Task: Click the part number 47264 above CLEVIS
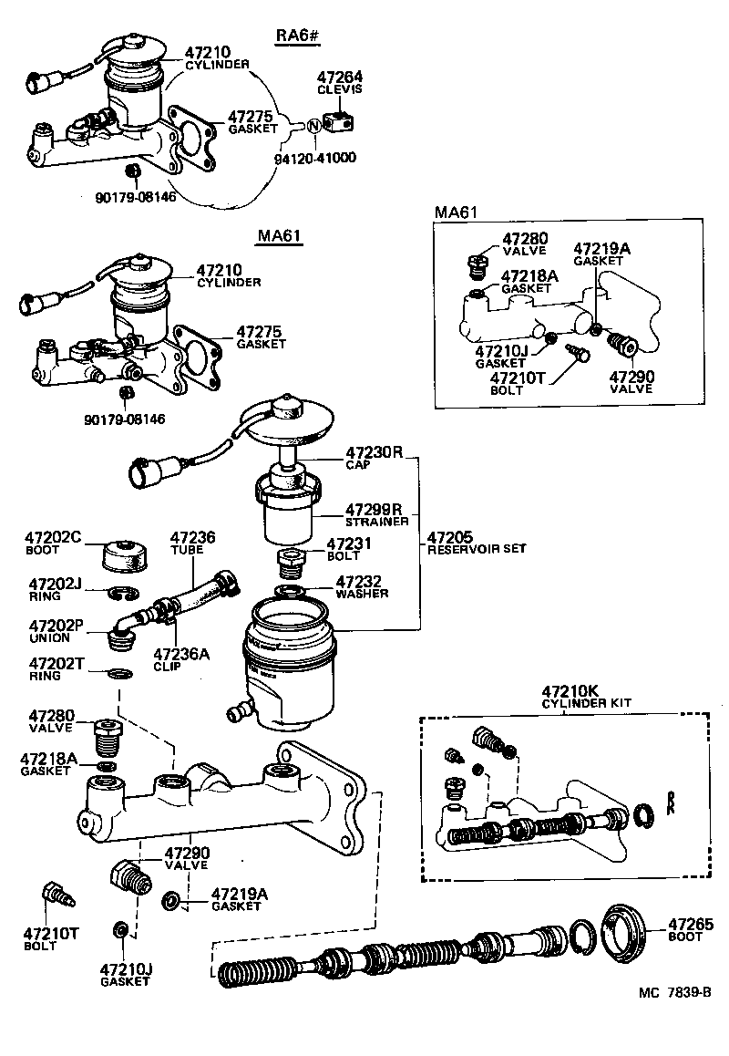339,78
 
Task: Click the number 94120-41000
314,158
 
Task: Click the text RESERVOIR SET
477,549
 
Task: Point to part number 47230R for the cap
374,452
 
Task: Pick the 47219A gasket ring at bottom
170,903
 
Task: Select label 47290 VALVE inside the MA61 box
631,381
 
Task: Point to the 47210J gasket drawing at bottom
119,930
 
